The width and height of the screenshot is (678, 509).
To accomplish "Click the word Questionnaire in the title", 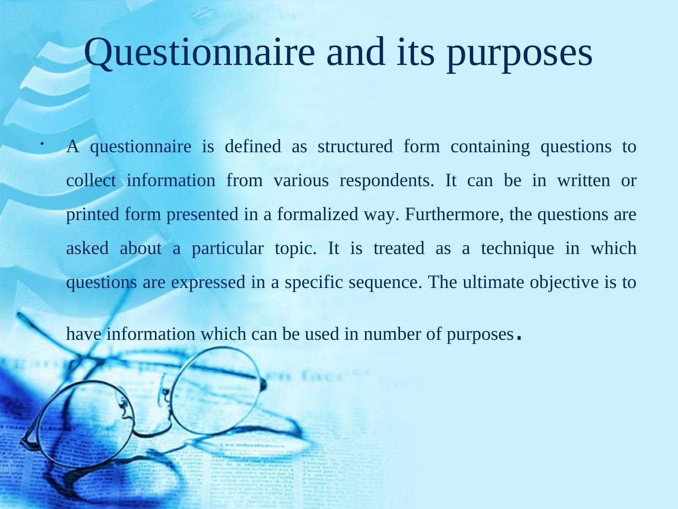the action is (x=199, y=52).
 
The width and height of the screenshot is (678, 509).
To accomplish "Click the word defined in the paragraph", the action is (x=253, y=146).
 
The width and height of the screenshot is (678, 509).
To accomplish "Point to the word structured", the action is (x=355, y=146).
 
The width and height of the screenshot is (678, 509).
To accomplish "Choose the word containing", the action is (x=490, y=147).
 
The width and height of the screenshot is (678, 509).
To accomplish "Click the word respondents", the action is (x=387, y=181).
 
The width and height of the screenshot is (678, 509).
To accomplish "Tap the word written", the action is (x=584, y=180).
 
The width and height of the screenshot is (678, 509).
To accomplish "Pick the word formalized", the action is (x=318, y=214).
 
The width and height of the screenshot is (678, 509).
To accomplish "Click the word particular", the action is (x=228, y=249).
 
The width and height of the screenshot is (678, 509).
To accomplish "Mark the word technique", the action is (x=518, y=249).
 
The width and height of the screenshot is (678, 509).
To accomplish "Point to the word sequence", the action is (x=385, y=283).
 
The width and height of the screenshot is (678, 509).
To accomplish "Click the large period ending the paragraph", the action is (x=519, y=337).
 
